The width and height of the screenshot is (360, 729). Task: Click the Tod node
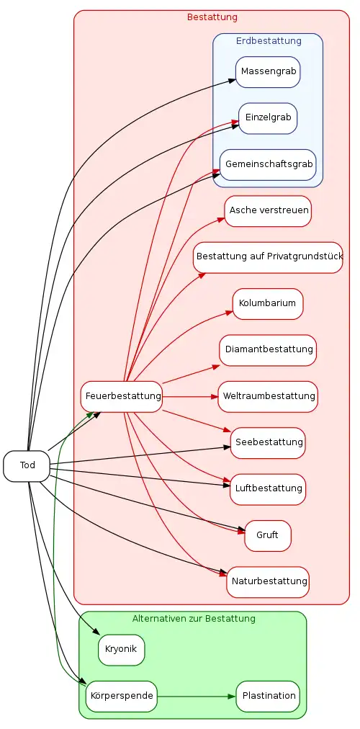tap(27, 466)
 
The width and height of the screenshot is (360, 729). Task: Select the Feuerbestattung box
tap(121, 397)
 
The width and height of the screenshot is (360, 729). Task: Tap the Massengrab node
tap(268, 72)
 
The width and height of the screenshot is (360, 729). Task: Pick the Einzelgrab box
tap(268, 118)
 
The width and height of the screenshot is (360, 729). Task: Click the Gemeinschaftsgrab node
tap(268, 164)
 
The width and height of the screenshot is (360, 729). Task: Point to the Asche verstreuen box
tap(268, 211)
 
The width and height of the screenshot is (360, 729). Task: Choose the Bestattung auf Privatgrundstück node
tap(268, 257)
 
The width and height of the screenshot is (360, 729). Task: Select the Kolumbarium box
tap(268, 303)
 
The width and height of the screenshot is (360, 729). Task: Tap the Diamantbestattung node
tap(268, 350)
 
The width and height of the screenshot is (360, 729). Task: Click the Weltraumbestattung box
tap(268, 397)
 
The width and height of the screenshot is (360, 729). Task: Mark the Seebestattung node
tap(268, 442)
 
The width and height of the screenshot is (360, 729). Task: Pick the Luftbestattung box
tap(268, 489)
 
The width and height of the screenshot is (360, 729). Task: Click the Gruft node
tap(268, 536)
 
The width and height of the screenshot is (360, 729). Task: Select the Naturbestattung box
tap(268, 581)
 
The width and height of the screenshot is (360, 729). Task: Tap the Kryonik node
tap(121, 650)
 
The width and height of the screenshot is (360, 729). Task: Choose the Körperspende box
tap(121, 696)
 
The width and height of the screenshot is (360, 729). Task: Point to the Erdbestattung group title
tap(269, 41)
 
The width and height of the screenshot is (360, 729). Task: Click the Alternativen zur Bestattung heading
tap(194, 619)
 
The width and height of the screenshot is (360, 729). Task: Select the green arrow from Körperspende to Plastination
tap(197, 697)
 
